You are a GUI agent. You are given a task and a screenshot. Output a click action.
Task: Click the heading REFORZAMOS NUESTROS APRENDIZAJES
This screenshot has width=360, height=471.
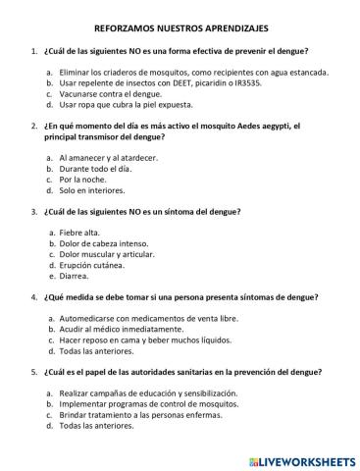(x=180, y=30)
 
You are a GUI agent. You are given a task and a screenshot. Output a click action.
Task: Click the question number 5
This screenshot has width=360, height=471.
(x=35, y=372)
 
